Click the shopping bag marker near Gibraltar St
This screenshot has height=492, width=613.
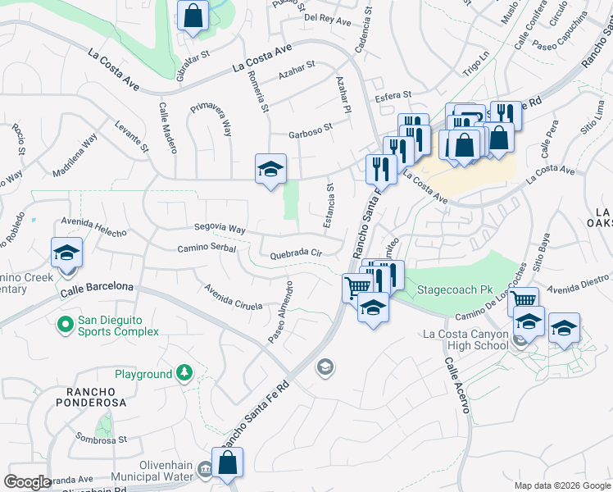click(x=193, y=16)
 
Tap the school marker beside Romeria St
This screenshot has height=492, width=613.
click(x=270, y=170)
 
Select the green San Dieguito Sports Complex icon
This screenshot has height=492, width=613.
click(x=66, y=326)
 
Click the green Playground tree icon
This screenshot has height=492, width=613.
click(x=184, y=373)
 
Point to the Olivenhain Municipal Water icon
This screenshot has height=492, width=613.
click(x=205, y=469)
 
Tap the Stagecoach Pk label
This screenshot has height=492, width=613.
click(x=454, y=290)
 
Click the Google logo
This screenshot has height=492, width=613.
click(x=28, y=482)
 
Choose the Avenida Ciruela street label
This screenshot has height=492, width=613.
click(x=234, y=298)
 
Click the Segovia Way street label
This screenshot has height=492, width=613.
click(x=220, y=228)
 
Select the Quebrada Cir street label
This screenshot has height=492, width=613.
click(x=296, y=254)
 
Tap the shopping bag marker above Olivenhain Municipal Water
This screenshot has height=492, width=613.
click(x=228, y=462)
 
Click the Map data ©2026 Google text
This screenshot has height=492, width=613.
click(x=561, y=485)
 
